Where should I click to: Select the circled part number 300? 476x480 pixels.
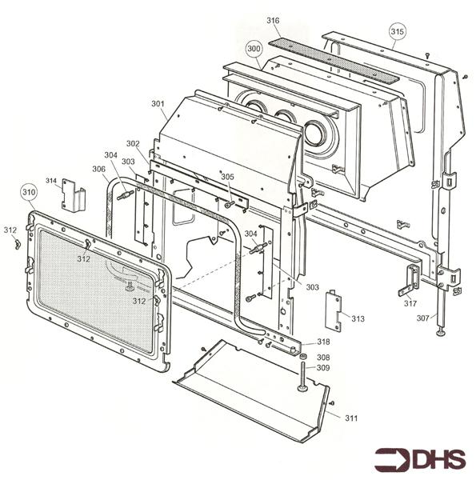(254, 49)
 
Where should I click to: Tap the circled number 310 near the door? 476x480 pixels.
(29, 192)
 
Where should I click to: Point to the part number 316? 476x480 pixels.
(273, 20)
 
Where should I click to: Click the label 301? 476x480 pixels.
(157, 103)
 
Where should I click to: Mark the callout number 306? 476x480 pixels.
(98, 169)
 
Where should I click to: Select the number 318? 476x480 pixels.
(322, 342)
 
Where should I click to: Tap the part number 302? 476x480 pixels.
(133, 144)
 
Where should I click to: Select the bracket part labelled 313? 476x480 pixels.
(334, 310)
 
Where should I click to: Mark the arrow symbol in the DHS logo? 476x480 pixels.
(393, 460)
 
